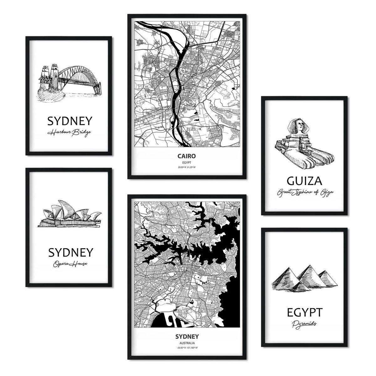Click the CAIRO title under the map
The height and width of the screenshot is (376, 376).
[x=187, y=156]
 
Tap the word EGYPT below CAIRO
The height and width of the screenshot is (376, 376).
[x=187, y=162]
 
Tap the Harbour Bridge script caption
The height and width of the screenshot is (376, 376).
[x=69, y=133]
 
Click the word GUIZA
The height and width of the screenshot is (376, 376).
[x=304, y=181]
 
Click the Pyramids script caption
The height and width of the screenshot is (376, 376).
[x=304, y=324]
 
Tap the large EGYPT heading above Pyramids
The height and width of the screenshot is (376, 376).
[x=304, y=313]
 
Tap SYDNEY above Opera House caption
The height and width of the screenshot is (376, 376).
[x=70, y=253]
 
